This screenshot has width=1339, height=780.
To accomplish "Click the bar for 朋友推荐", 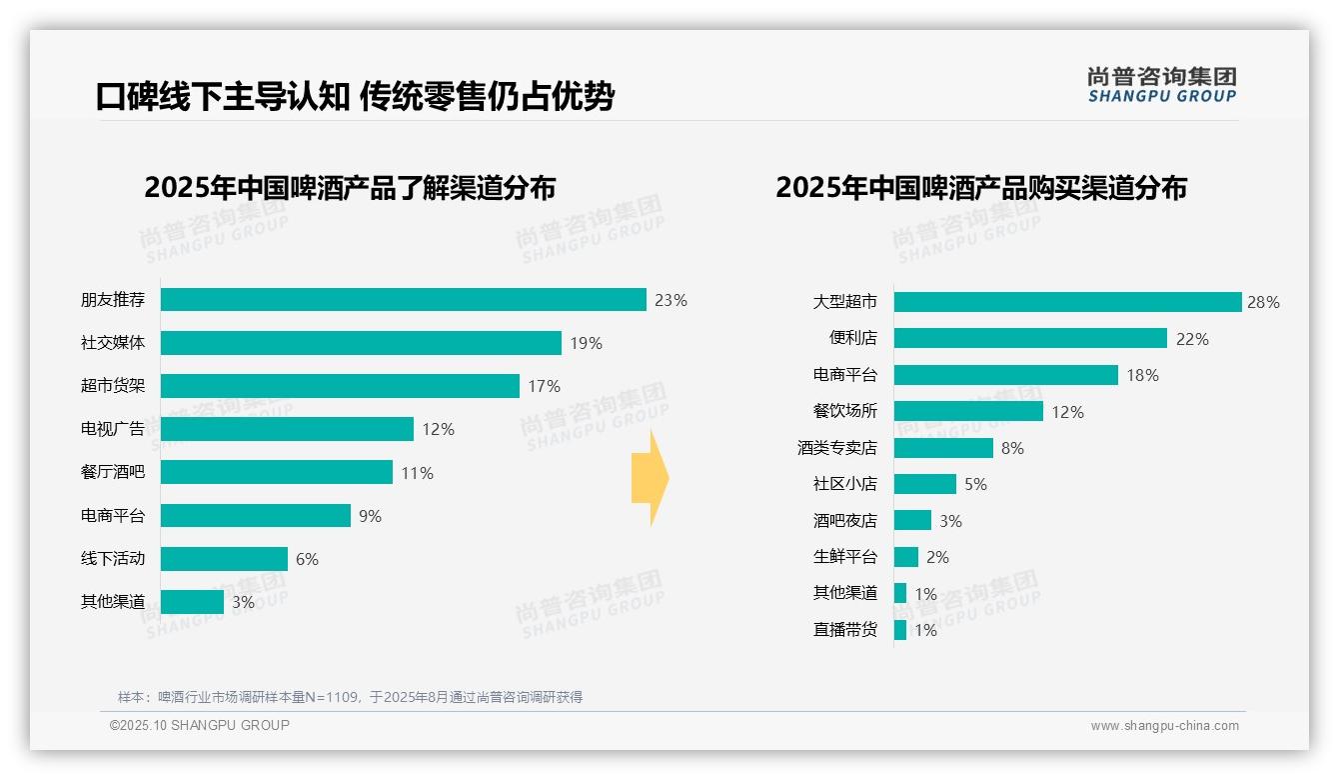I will (x=403, y=300).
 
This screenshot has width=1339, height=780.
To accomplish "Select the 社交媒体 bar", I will (x=361, y=343).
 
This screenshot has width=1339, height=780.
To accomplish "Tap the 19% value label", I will (x=586, y=343).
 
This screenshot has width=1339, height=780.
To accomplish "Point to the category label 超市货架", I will (x=113, y=386).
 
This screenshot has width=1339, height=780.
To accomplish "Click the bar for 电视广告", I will (x=287, y=429).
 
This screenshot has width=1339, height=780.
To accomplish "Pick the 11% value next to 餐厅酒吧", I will (x=417, y=473).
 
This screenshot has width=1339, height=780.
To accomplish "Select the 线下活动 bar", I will (x=224, y=559).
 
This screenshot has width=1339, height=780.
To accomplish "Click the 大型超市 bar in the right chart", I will (x=1067, y=302).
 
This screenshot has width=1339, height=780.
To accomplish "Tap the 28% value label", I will (x=1263, y=302).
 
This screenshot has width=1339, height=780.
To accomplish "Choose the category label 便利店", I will (x=852, y=338).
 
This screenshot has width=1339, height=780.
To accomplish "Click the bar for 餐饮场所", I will (x=968, y=411).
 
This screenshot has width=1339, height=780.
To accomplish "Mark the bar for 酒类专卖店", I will (x=943, y=448).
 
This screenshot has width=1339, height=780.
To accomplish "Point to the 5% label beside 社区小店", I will (x=975, y=484).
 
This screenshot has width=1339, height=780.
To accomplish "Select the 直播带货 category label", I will (x=844, y=630).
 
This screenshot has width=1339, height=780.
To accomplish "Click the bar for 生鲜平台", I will (x=905, y=557).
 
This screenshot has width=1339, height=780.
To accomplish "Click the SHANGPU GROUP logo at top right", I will (x=1161, y=85).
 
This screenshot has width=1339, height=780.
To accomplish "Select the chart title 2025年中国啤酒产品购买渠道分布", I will (x=980, y=188).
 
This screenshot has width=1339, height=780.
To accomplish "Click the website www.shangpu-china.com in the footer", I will (x=1164, y=726).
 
